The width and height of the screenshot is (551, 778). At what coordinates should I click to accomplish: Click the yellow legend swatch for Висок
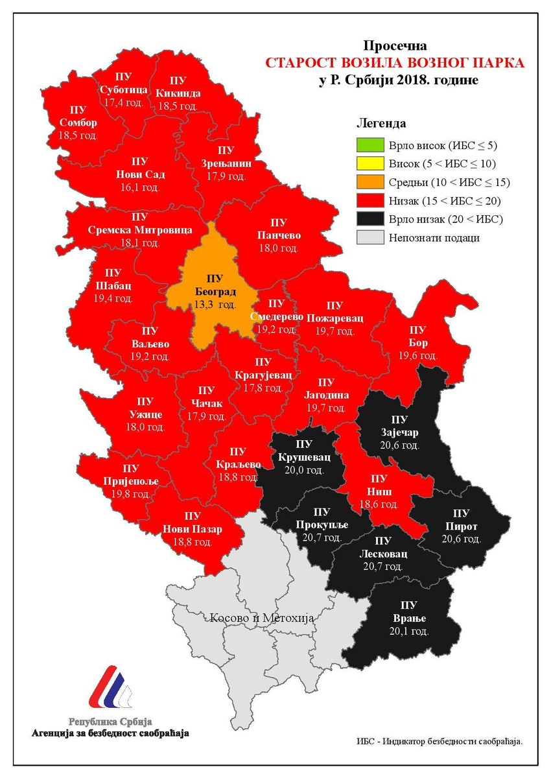370,164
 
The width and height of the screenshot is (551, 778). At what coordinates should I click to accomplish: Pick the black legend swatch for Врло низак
370,219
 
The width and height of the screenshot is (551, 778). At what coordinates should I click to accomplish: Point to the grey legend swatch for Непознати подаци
370,238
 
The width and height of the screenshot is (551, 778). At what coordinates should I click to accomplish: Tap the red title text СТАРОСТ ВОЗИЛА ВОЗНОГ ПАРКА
394,63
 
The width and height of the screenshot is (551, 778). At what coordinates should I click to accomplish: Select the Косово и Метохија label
262,618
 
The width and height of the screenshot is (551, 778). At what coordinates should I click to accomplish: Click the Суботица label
125,89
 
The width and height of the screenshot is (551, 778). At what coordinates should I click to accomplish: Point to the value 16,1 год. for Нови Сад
140,187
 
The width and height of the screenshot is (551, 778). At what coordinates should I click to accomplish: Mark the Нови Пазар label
192,529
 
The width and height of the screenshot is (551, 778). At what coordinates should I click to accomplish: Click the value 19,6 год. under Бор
418,355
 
